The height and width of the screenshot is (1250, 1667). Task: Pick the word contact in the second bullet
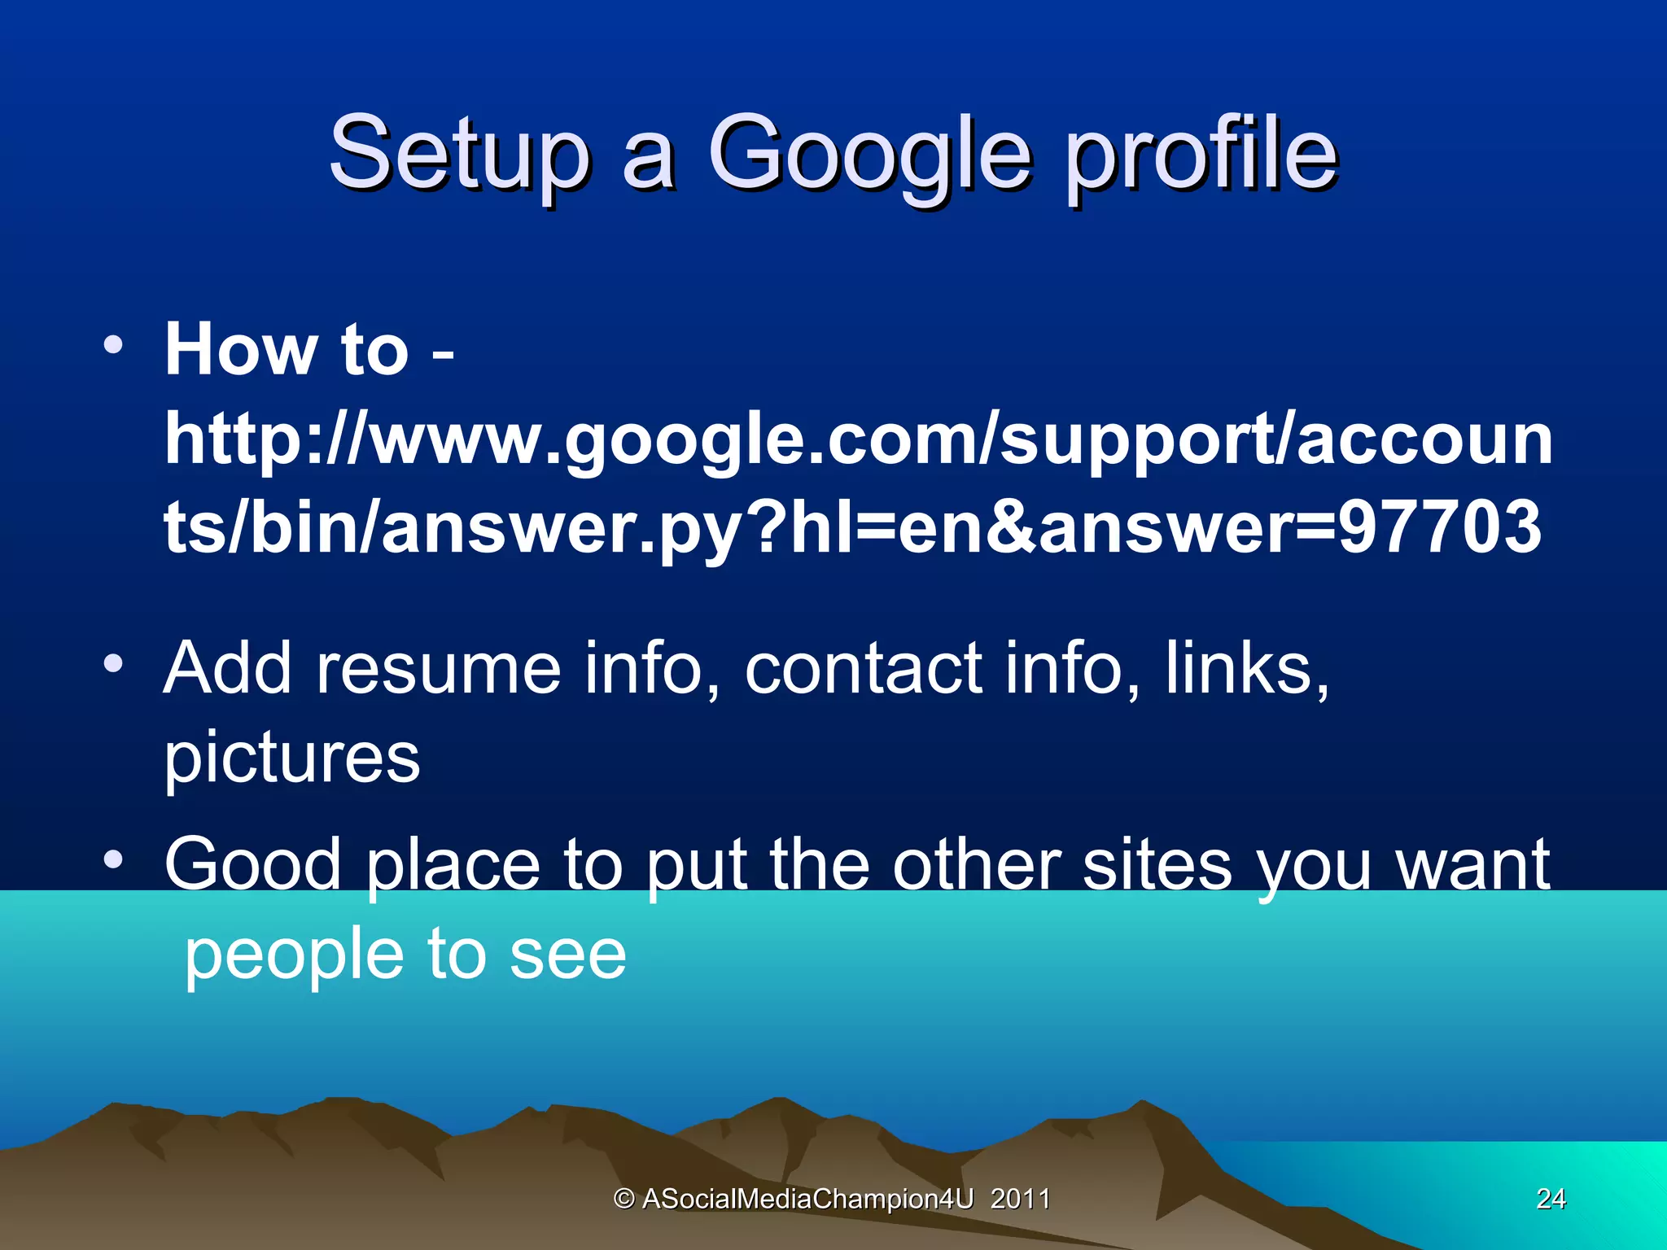(863, 668)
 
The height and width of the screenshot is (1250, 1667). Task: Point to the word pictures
(292, 758)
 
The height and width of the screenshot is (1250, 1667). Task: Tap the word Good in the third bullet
(252, 864)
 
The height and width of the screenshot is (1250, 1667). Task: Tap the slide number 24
(1551, 1198)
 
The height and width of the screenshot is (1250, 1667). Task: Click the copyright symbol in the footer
(623, 1199)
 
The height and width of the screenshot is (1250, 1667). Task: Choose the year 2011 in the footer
(1020, 1199)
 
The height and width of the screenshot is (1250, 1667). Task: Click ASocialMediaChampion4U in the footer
(807, 1199)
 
